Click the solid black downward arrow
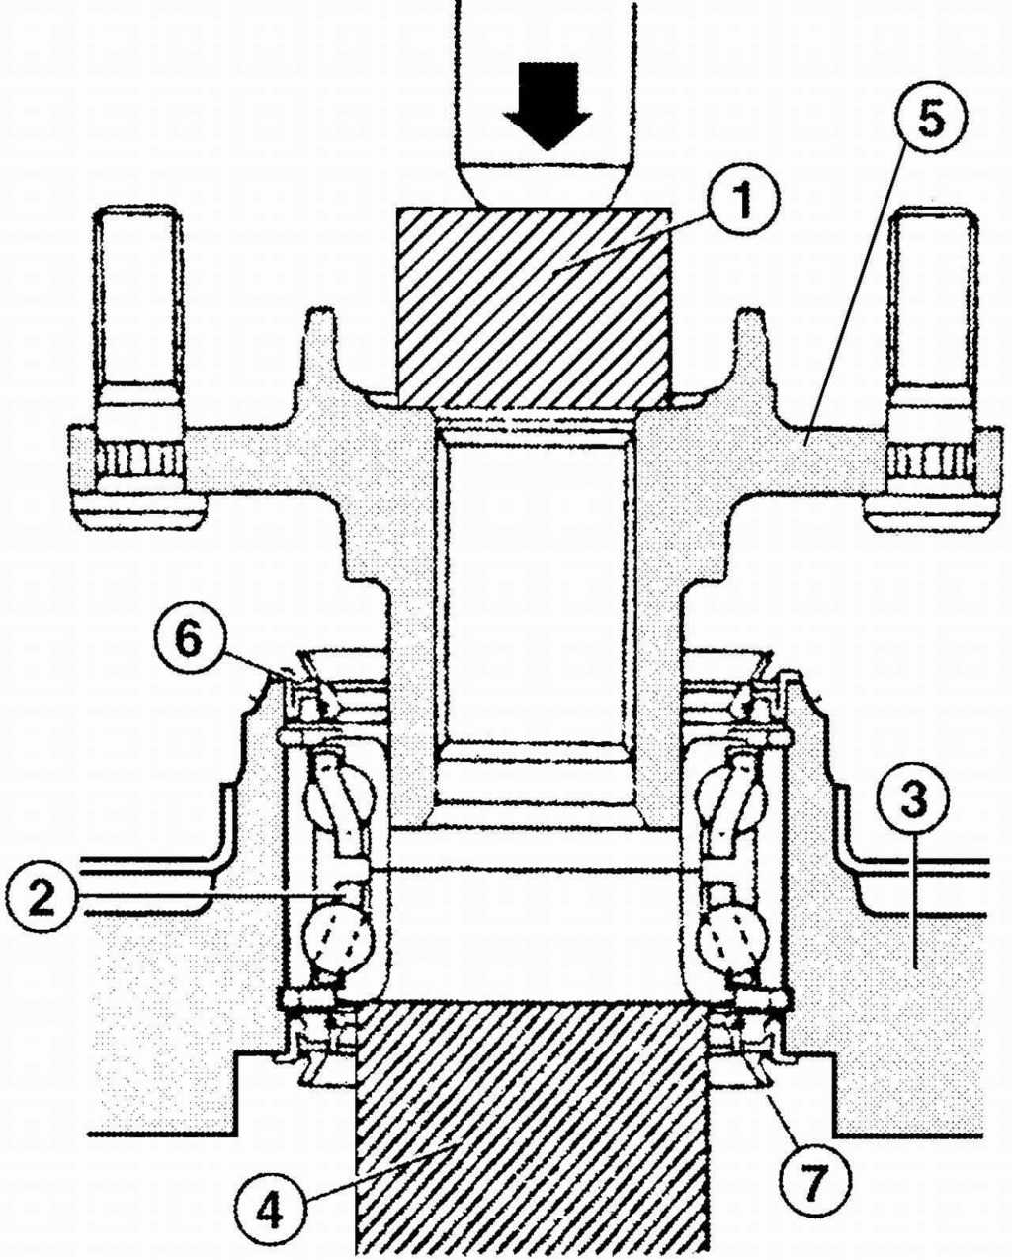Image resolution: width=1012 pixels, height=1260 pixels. click(548, 107)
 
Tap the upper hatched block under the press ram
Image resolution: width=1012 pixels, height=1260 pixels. click(533, 308)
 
